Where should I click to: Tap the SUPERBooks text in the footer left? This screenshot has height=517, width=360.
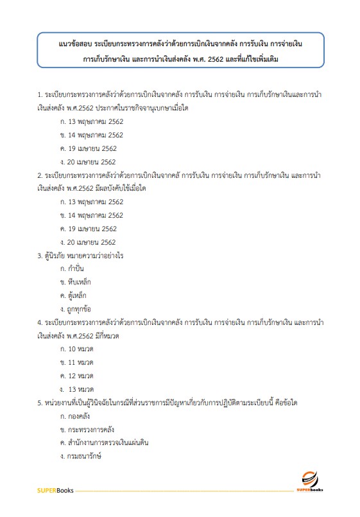click(55, 491)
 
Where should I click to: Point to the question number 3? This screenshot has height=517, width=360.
click(40, 256)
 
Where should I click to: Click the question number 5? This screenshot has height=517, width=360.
click(40, 403)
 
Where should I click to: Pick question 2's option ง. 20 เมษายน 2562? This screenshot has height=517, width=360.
click(87, 242)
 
